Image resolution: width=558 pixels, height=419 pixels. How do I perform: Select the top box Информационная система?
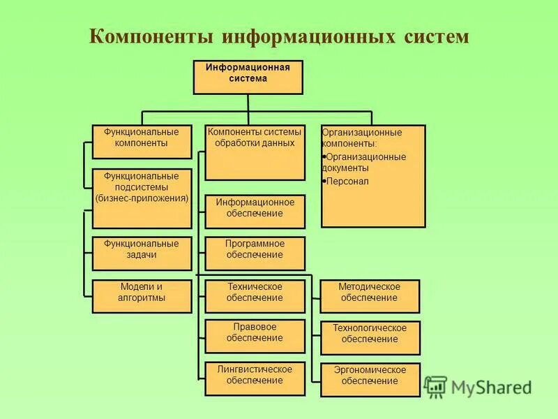pos(248,77)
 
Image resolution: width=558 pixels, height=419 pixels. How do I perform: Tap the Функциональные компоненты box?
pos(142,141)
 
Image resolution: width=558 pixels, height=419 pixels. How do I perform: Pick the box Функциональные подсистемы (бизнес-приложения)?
pos(142,198)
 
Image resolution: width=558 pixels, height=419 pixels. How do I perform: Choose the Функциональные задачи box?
pos(142,253)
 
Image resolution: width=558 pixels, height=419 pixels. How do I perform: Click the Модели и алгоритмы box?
pos(142,296)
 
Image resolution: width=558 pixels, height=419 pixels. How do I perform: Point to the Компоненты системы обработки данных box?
pos(255,152)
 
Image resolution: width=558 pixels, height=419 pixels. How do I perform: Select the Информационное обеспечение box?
pos(255,212)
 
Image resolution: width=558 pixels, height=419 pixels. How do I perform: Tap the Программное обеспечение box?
pos(255,253)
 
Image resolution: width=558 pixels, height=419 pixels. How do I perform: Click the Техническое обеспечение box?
pos(255,296)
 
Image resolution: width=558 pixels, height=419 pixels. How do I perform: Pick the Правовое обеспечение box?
pos(255,336)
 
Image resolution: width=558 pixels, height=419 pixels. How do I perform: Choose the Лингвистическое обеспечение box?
pos(255,379)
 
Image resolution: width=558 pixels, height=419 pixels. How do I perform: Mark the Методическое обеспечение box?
pos(370,296)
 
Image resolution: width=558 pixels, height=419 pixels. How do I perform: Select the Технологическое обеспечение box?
pos(370,338)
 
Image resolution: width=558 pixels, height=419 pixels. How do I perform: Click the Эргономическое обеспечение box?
pos(370,379)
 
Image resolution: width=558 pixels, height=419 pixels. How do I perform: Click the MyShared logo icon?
pos(435,387)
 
